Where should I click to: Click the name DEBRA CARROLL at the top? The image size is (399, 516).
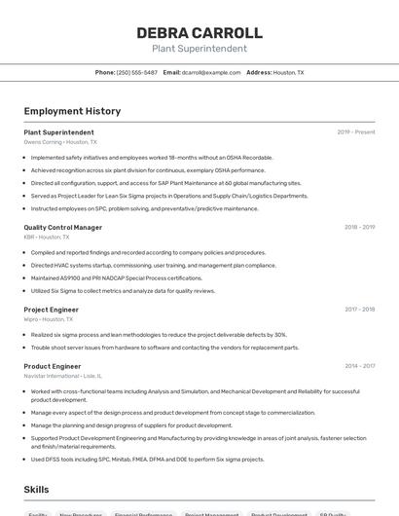tap(199, 32)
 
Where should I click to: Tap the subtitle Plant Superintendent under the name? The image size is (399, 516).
tap(199, 49)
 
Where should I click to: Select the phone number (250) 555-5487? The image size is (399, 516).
tap(136, 72)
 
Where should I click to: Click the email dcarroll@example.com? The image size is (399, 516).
tap(210, 72)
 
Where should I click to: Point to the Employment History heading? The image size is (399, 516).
tap(72, 111)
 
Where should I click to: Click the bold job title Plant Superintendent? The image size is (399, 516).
tap(58, 131)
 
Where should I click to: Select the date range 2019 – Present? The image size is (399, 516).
tap(355, 131)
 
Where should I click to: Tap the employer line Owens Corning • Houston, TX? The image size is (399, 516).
tap(60, 141)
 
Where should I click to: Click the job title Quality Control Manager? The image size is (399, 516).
tap(62, 227)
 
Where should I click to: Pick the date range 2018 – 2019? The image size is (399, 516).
tap(359, 227)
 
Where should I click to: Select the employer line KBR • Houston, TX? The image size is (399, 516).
tap(47, 237)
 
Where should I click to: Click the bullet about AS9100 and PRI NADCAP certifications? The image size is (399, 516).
tap(117, 277)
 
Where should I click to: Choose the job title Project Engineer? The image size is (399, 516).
tap(51, 310)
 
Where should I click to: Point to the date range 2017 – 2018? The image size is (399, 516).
tap(359, 310)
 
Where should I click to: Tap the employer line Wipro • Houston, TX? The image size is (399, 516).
tap(49, 319)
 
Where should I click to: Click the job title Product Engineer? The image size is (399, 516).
tap(53, 366)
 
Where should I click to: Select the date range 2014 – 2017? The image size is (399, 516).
tap(359, 366)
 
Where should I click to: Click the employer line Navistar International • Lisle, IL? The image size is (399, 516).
tap(63, 376)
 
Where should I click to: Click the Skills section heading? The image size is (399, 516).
tap(36, 491)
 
